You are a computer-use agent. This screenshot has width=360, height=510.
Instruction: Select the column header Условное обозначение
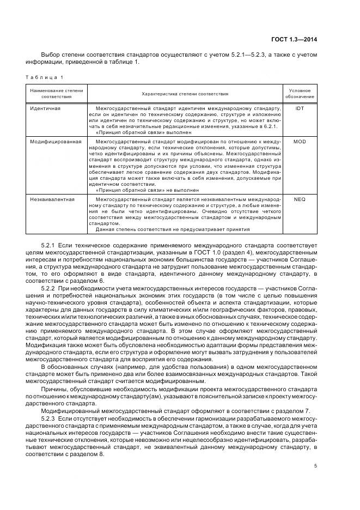tap(300, 93)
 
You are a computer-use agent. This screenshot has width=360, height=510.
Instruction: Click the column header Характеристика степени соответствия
tap(185, 94)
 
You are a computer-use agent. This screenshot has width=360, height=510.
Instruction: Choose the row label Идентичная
tap(45, 108)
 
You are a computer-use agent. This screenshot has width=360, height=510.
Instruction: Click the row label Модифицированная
tap(56, 141)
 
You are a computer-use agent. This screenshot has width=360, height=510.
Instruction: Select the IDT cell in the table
tap(300, 108)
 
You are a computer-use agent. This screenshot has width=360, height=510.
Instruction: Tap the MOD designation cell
tap(300, 141)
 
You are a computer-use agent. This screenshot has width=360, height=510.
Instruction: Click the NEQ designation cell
tap(300, 199)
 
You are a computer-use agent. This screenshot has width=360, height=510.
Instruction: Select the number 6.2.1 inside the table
tap(271, 126)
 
